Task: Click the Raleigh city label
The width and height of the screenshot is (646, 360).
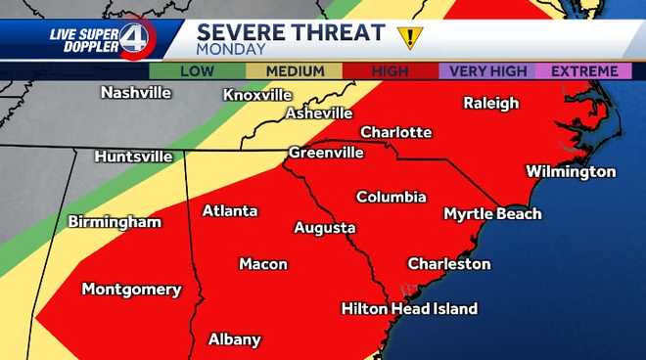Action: click(x=491, y=103)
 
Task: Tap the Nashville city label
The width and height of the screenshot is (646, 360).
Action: click(x=136, y=93)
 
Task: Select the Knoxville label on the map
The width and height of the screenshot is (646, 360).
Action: click(x=257, y=95)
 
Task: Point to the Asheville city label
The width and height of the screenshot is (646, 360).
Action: click(x=318, y=113)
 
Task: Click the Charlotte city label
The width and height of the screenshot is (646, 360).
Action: click(x=395, y=132)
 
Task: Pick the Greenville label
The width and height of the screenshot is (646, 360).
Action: click(x=326, y=153)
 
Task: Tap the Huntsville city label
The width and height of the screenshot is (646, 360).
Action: click(x=134, y=157)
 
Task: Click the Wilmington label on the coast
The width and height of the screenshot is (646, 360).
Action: click(x=571, y=172)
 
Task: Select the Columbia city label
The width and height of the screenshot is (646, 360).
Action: click(x=391, y=197)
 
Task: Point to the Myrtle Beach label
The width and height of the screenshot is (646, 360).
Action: click(x=492, y=213)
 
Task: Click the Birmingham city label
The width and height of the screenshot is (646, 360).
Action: click(x=115, y=222)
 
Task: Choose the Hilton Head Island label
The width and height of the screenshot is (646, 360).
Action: click(x=409, y=309)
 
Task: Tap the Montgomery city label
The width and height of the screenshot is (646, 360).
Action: click(x=131, y=290)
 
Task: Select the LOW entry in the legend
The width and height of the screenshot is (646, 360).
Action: click(x=196, y=71)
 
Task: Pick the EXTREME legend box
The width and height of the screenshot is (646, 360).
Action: click(x=584, y=71)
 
